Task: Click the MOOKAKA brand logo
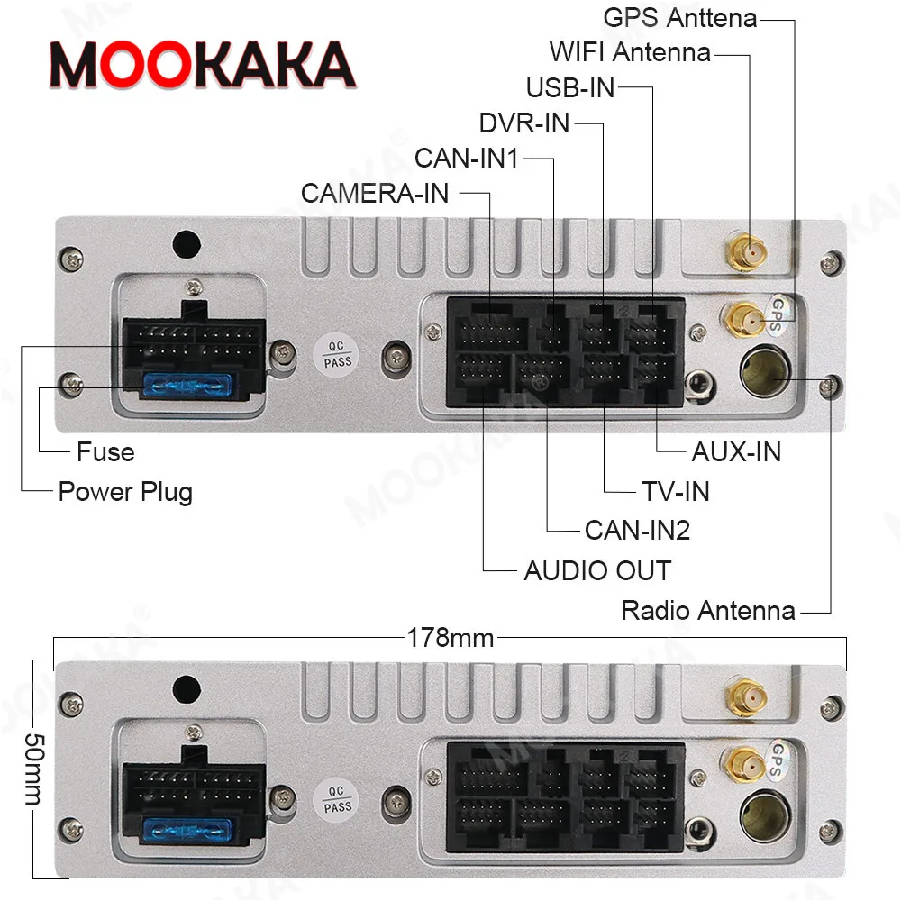202,66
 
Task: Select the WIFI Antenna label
630,51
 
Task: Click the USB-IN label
570,87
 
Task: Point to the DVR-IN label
524,123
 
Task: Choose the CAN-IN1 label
467,158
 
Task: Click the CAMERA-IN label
375,193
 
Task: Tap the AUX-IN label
736,451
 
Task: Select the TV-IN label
675,491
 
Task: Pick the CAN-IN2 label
637,530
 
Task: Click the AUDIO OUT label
597,570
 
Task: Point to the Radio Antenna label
708,611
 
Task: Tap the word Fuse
105,451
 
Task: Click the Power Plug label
125,492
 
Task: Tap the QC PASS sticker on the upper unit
339,352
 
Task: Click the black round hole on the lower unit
187,686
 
